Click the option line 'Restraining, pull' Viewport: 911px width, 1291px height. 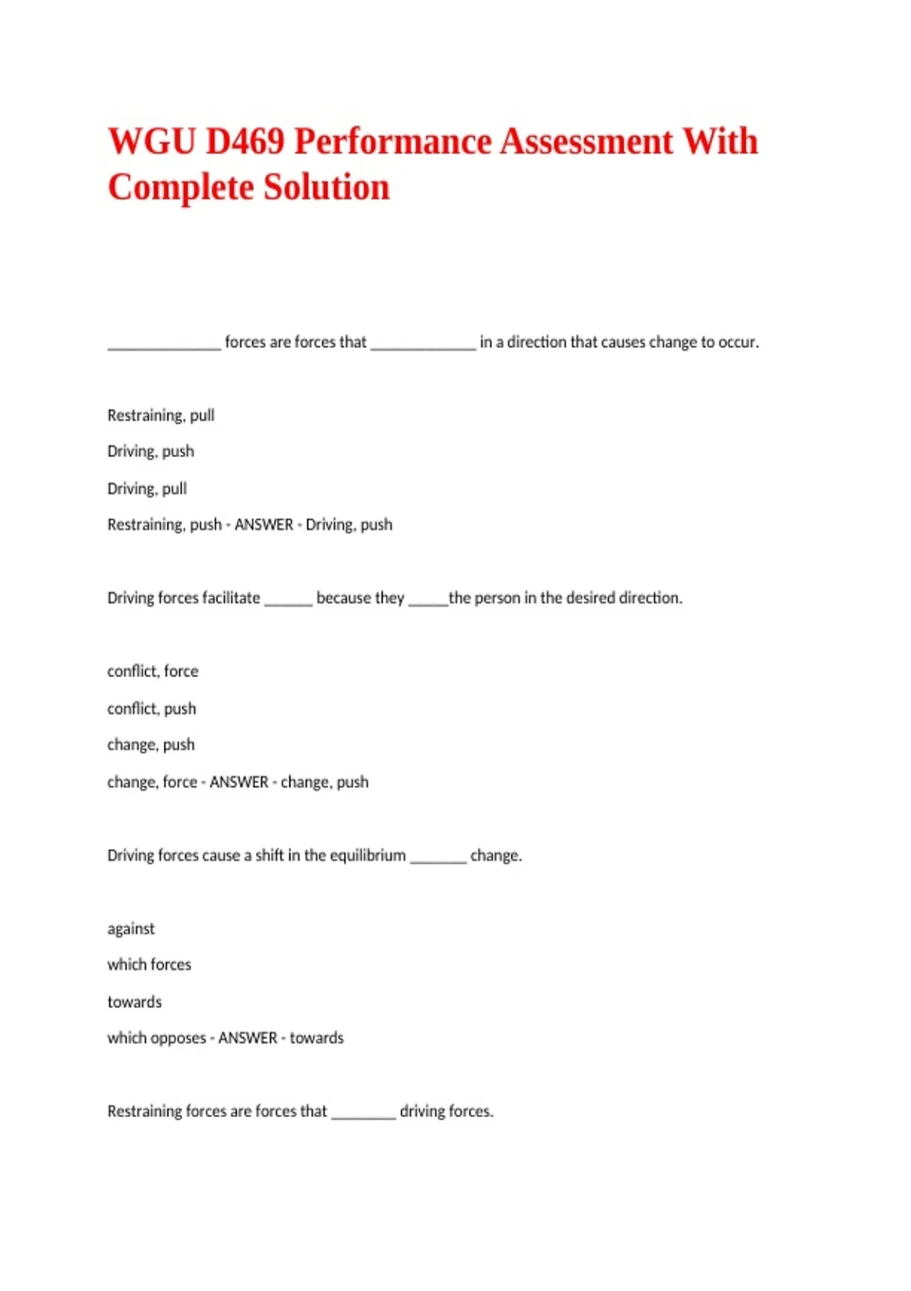point(161,415)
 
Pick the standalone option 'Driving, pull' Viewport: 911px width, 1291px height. point(147,488)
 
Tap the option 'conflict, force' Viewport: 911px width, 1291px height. point(153,671)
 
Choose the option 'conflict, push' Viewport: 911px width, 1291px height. point(152,709)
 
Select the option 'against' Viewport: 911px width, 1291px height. point(131,929)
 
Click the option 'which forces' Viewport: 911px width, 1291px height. point(150,964)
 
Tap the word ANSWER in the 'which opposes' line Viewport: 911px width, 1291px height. point(247,1038)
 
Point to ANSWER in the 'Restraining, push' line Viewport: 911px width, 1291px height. point(263,525)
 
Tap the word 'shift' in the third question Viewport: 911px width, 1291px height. point(270,856)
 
